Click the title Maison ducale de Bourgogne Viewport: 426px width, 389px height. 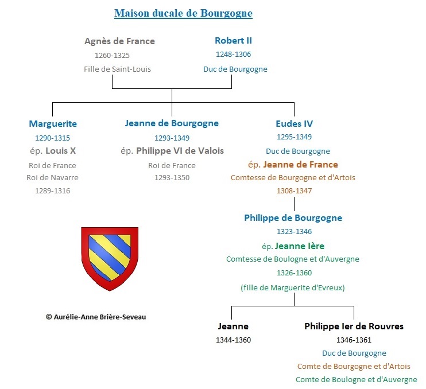(183, 13)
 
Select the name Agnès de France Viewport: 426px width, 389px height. (119, 41)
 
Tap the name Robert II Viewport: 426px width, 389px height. (233, 40)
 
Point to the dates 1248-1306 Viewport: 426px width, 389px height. (233, 55)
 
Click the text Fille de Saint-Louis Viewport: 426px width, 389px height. (117, 69)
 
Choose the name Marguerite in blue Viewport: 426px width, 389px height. (53, 124)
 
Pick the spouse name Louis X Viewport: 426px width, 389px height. (61, 151)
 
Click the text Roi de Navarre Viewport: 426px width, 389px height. (52, 177)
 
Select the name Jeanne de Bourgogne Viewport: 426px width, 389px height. (172, 123)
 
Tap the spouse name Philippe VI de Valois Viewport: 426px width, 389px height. (180, 151)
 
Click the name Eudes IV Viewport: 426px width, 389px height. (294, 124)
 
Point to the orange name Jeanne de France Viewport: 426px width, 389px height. (300, 165)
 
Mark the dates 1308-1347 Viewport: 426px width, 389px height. (294, 191)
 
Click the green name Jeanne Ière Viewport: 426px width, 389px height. (299, 246)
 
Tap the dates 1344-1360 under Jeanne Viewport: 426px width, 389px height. (233, 340)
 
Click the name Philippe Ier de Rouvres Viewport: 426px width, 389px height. (354, 326)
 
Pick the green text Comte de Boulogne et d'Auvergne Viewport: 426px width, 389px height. (356, 379)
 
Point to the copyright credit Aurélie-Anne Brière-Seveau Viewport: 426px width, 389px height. (96, 317)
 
